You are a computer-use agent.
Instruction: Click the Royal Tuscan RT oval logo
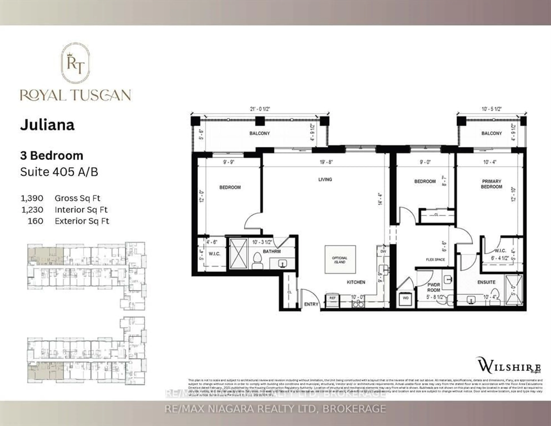[75, 63]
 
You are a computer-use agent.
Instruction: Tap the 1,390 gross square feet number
[32, 198]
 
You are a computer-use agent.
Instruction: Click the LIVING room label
[325, 179]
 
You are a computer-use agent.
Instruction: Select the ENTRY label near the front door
[311, 304]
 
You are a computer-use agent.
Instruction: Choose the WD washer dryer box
[405, 298]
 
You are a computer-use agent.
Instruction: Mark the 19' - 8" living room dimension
[326, 162]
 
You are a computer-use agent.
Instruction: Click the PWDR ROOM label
[434, 287]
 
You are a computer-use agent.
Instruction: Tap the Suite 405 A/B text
[59, 172]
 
